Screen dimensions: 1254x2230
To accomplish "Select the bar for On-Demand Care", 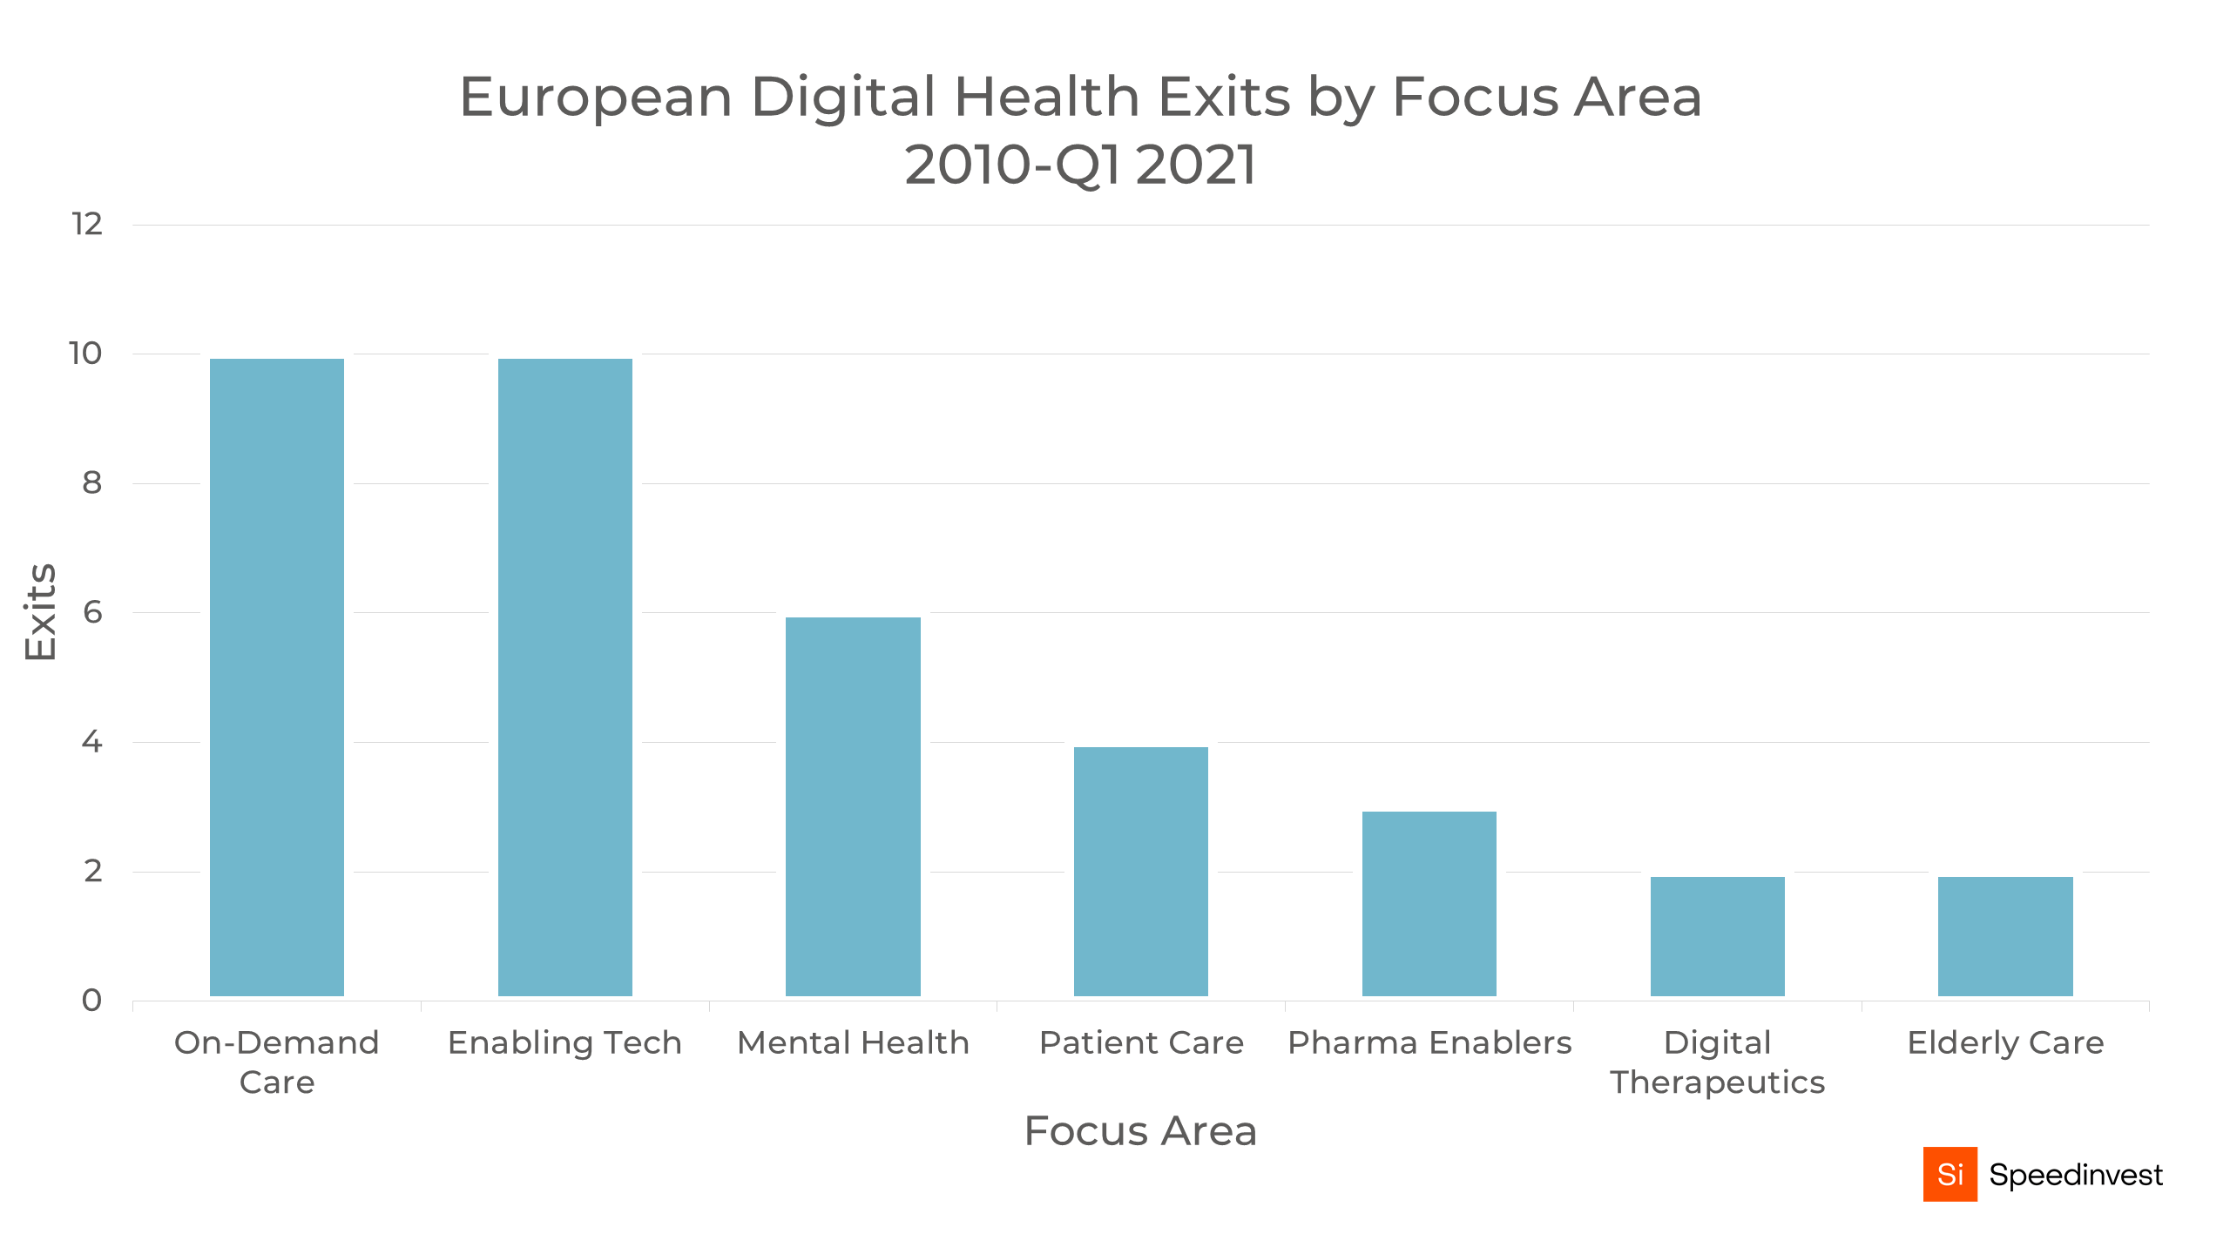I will coord(277,677).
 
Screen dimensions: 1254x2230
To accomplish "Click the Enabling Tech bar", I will coord(564,677).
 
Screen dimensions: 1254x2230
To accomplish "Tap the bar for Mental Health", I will coord(853,806).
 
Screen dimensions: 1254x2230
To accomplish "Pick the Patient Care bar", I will coord(1140,871).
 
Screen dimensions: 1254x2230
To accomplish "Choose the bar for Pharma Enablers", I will coord(1429,903).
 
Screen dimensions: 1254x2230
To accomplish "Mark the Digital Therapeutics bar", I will coord(1717,935).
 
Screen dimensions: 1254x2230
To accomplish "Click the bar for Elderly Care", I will coord(2005,935).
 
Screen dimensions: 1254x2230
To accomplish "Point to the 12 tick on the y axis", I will coord(87,225).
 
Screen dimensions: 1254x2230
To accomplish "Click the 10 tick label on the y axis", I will coord(85,354).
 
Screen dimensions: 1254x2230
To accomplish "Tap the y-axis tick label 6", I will coord(92,612).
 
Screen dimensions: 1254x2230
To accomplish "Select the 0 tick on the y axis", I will coord(92,1000).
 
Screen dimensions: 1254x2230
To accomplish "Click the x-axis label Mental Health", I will coord(853,1042).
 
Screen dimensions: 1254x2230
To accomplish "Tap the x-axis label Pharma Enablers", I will coord(1429,1042).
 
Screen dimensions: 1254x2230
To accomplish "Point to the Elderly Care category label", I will coord(2005,1042).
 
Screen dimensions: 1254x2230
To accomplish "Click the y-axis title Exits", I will coord(40,612).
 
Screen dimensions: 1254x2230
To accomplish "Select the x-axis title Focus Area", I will coord(1140,1131).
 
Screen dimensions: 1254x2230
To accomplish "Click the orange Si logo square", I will coord(1950,1174).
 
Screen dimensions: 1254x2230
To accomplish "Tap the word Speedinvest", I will coord(2075,1175).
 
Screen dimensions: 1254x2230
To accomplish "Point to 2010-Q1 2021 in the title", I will coord(1080,165).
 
